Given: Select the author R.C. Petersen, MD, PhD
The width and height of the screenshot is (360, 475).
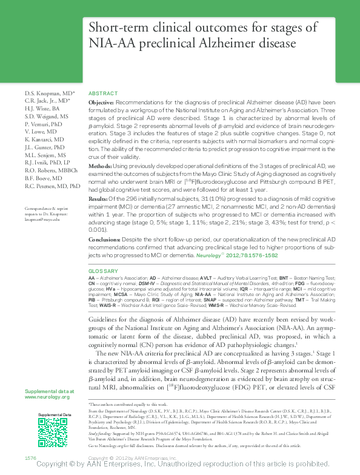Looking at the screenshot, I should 53,186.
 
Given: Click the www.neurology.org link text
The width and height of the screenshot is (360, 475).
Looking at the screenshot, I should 46,396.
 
